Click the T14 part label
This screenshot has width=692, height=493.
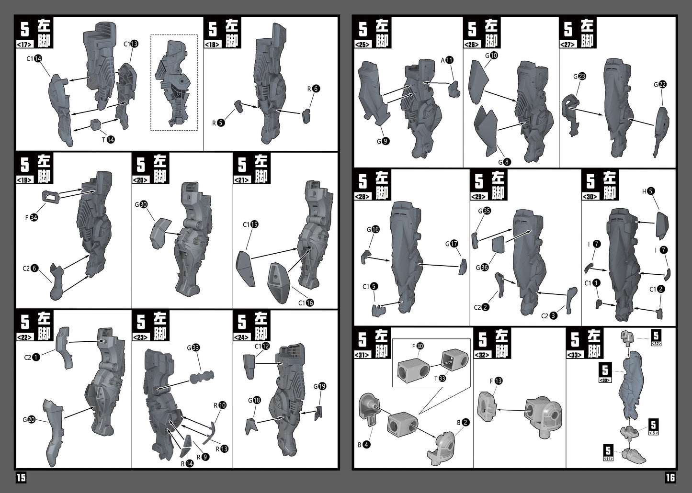[x=108, y=140]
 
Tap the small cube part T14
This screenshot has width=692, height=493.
[x=96, y=124]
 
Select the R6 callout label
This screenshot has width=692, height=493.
[x=314, y=89]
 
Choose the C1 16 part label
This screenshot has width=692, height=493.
[x=306, y=303]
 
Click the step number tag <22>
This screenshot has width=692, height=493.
[x=24, y=337]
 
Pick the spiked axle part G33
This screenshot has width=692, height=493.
[x=202, y=377]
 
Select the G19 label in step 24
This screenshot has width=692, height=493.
[x=320, y=386]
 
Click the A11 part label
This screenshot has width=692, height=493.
[x=447, y=60]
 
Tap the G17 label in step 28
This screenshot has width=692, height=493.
[x=451, y=244]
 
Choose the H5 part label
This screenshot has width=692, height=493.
[x=648, y=191]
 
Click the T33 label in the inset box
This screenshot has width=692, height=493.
[x=440, y=378]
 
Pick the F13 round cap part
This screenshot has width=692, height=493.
[x=487, y=406]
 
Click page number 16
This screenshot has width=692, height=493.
[x=670, y=478]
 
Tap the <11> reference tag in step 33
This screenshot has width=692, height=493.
[x=608, y=459]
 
